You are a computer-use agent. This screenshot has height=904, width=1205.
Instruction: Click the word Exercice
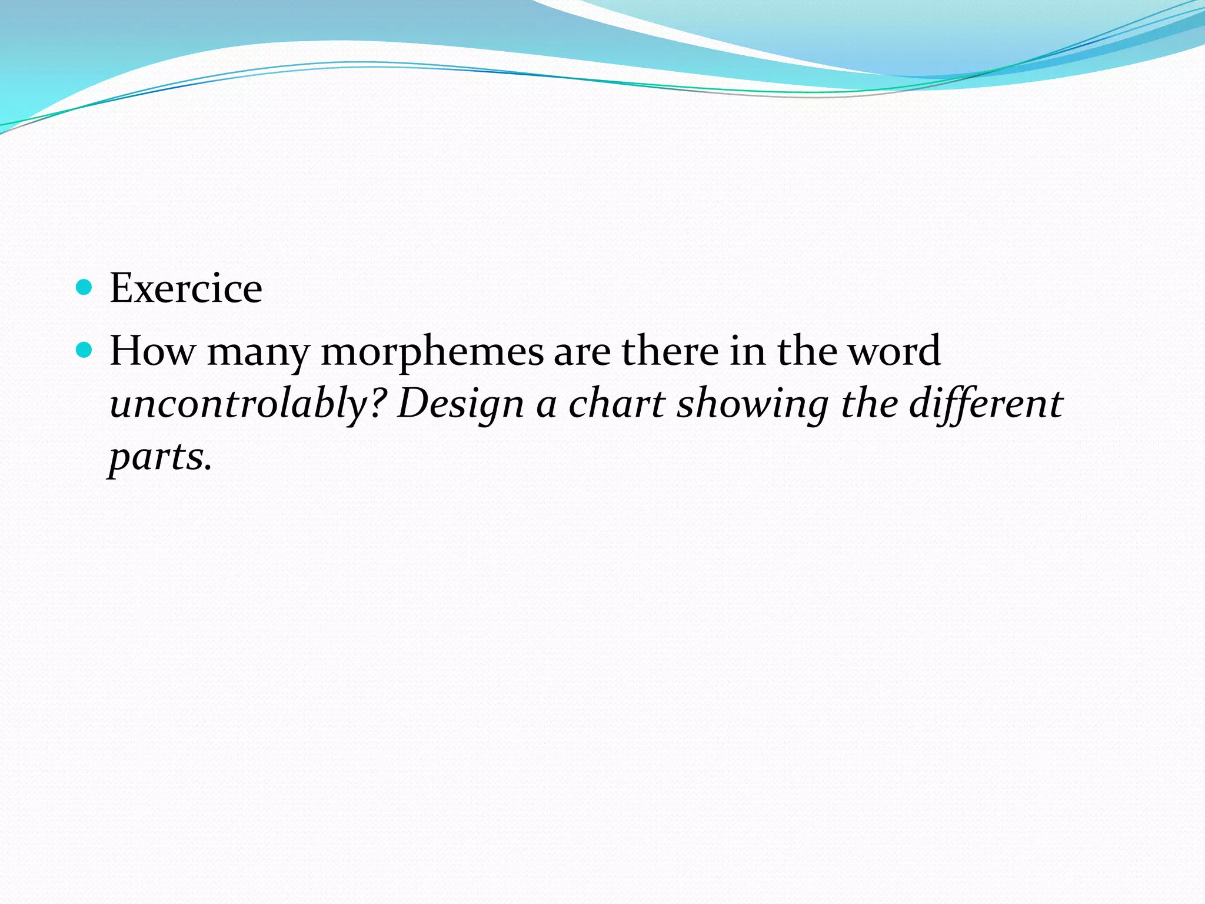coord(186,288)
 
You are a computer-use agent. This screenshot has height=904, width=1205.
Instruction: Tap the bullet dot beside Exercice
coord(85,287)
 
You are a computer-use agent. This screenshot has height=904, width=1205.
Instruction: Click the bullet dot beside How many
coord(85,350)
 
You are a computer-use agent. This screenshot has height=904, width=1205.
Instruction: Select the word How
coord(152,351)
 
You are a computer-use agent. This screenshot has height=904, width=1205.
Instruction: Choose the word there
coord(670,351)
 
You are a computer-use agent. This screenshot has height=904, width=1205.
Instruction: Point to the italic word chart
coord(617,404)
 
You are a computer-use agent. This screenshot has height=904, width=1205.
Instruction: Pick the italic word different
coord(986,405)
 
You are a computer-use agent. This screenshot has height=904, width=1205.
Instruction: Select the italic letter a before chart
coord(546,406)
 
